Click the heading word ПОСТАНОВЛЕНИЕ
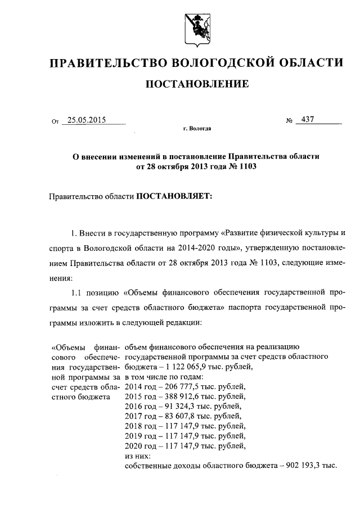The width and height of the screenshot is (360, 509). (196, 84)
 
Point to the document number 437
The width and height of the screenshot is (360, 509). (308, 120)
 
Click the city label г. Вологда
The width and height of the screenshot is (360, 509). (197, 129)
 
